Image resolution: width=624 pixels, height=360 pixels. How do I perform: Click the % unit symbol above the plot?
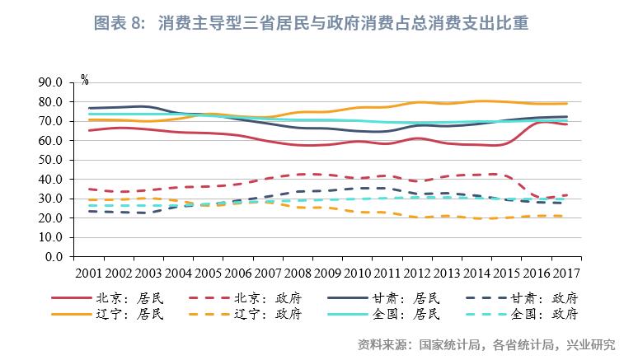pyautogui.click(x=84, y=79)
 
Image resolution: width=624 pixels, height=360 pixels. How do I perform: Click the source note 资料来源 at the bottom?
pyautogui.click(x=486, y=344)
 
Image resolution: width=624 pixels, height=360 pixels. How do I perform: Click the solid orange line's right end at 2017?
pyautogui.click(x=566, y=104)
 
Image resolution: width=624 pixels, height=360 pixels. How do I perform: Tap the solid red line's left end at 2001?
pyautogui.click(x=89, y=130)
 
